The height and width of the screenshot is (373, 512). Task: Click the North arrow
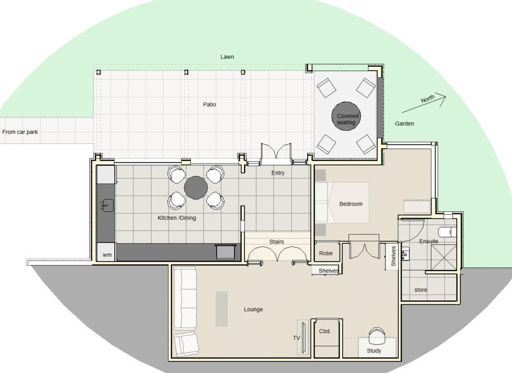coord(424,103)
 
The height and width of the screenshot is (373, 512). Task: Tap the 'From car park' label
coord(20,132)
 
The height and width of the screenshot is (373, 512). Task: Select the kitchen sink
coord(107,205)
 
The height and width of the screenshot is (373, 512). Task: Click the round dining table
coord(196,188)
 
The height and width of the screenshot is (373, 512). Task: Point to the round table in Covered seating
coord(346,116)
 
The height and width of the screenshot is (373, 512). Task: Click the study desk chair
coord(377,336)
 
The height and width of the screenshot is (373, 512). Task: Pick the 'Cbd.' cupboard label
coord(325,331)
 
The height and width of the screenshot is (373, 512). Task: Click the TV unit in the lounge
coord(303,337)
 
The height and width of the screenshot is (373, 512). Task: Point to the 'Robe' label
coord(326,253)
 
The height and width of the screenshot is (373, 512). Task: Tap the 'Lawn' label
coord(227,57)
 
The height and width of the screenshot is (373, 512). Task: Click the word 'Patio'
coord(209,104)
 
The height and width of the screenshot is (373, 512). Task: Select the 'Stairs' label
coord(276,242)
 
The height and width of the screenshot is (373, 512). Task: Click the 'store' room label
coord(421,290)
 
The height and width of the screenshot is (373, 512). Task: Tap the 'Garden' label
coord(404,123)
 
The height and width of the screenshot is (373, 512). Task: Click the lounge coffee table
coord(221,309)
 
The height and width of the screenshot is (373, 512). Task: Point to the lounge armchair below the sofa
coord(186,344)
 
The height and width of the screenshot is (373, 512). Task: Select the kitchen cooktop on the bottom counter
coord(225,252)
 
